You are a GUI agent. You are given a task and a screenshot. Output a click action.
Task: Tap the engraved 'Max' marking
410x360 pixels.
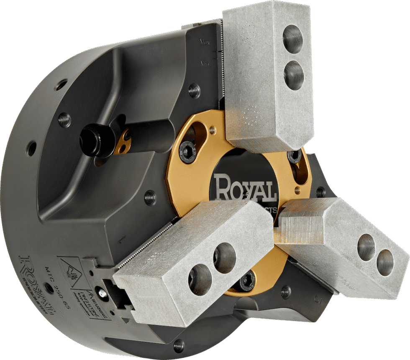click(x=205, y=42)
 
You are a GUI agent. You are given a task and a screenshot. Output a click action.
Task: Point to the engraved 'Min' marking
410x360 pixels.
click(x=205, y=64)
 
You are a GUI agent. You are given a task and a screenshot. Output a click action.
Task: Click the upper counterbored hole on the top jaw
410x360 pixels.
click(x=292, y=39)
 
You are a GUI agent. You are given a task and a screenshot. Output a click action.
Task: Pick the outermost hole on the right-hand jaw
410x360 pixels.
click(x=385, y=262)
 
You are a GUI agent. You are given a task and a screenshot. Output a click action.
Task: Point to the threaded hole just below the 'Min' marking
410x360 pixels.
click(x=194, y=91)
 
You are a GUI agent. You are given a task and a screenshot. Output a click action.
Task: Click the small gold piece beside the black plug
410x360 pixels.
click(x=123, y=141)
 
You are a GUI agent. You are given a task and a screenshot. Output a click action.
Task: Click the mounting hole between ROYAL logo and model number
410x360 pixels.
click(x=49, y=288)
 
